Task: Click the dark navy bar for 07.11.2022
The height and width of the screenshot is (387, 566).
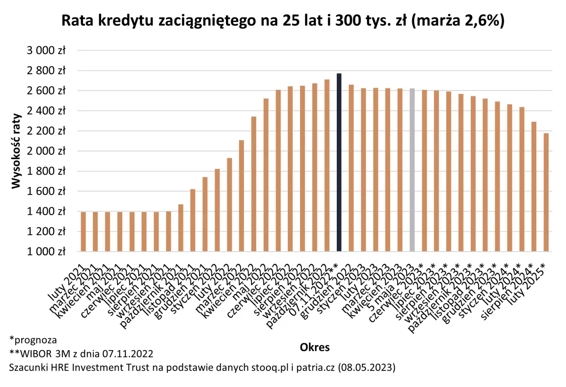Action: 339,163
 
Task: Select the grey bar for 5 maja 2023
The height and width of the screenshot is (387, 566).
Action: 412,170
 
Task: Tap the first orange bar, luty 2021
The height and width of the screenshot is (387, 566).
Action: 83,232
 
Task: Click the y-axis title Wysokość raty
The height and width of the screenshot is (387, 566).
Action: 17,151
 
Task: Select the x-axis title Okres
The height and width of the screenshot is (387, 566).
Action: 315,348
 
